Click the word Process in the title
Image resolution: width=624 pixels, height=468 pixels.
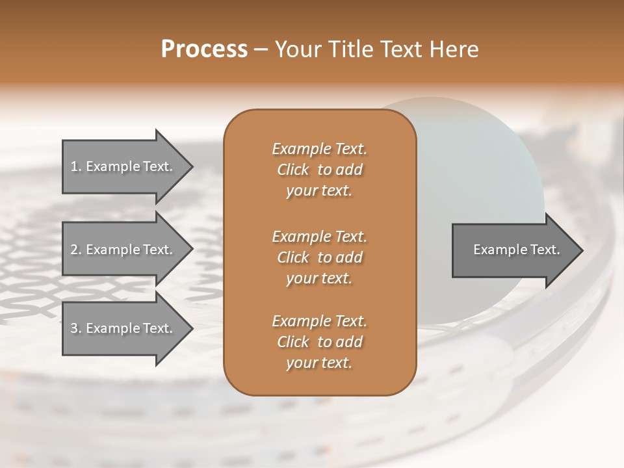[204, 49]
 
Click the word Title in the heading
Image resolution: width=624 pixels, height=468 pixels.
[350, 49]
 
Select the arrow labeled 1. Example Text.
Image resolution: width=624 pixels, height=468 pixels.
[123, 166]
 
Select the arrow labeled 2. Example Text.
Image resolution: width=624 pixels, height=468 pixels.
[123, 250]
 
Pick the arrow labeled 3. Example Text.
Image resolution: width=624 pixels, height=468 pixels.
[123, 328]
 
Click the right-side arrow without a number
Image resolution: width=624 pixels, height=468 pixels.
[513, 250]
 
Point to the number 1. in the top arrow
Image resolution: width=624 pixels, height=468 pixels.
[75, 166]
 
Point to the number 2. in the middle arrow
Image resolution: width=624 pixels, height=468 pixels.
[75, 250]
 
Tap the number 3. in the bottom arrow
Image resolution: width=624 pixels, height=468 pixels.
[75, 328]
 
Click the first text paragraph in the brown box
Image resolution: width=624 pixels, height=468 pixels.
[319, 170]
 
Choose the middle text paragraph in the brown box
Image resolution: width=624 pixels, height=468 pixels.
[319, 257]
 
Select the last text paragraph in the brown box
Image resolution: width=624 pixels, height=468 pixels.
[319, 342]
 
